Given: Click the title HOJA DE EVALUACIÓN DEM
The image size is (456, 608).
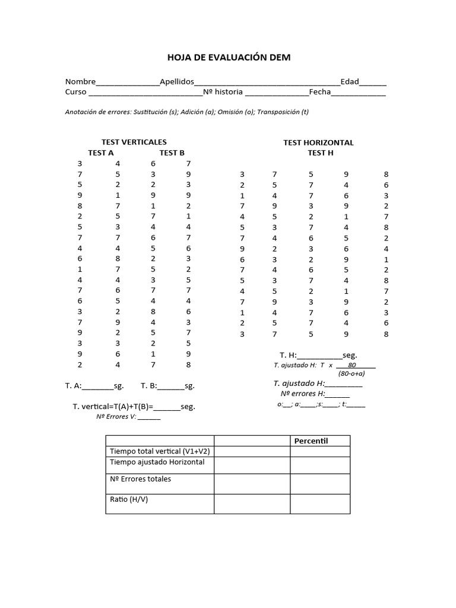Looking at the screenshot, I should (x=228, y=57).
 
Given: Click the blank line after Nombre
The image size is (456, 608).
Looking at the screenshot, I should (x=127, y=83).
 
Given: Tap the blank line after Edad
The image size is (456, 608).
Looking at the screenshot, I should (x=372, y=83).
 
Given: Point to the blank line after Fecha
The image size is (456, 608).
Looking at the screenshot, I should (x=358, y=93).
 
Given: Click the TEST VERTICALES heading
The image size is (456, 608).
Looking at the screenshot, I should (x=134, y=142).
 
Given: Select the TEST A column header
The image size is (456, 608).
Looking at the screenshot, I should (x=101, y=153).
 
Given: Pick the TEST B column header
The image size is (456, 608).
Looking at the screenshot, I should (x=172, y=153).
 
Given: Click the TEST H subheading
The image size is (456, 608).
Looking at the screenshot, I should (x=321, y=153).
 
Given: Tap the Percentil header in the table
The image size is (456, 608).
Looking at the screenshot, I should (x=311, y=441).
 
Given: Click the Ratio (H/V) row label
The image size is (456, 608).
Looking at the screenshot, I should (x=129, y=499).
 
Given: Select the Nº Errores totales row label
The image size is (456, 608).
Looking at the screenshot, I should (x=140, y=479).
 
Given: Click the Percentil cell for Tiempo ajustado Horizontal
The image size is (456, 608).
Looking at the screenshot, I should (x=319, y=465).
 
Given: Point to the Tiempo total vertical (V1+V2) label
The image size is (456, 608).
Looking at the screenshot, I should (x=160, y=451).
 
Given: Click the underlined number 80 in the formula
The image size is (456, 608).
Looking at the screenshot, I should (x=352, y=365).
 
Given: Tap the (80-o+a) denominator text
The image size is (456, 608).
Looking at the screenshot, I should (x=351, y=374).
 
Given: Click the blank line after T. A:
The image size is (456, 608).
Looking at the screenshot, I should (x=97, y=387).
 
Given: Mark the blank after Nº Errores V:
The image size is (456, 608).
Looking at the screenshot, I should (x=148, y=417).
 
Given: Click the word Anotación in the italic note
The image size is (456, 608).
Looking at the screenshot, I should (x=82, y=112).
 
